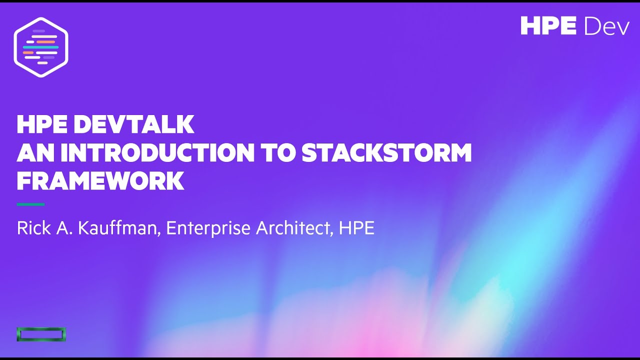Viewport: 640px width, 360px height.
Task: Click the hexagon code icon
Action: tap(41, 47)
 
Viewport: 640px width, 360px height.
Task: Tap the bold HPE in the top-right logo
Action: tap(548, 26)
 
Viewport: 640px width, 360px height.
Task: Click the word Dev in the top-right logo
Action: tap(606, 26)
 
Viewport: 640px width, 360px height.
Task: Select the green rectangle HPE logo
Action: tap(41, 334)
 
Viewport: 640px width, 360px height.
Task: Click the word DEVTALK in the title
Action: tap(134, 124)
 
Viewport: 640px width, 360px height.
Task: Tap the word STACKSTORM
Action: tap(386, 153)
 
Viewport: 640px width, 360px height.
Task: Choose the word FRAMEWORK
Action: tap(100, 181)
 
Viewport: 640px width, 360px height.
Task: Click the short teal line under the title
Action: tap(30, 204)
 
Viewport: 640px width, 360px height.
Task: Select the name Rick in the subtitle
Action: tap(33, 228)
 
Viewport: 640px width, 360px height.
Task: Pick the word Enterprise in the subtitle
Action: tap(208, 228)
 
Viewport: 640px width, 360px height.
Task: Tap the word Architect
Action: tap(295, 228)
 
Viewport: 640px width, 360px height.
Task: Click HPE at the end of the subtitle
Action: tap(356, 228)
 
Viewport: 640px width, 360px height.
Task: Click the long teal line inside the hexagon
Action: tap(40, 47)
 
